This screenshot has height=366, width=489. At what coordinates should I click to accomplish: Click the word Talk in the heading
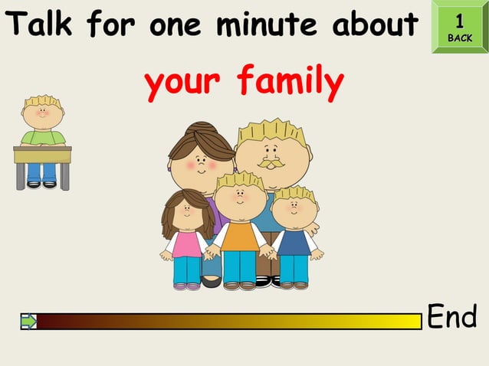(x=41, y=25)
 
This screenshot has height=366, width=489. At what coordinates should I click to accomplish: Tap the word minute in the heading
(x=265, y=25)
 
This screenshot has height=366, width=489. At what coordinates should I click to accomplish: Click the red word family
(x=289, y=82)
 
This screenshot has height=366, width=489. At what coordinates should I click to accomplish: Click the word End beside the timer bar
(x=451, y=315)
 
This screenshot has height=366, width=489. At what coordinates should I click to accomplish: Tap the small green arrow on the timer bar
(x=28, y=322)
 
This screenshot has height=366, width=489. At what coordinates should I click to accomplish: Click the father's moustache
(x=270, y=164)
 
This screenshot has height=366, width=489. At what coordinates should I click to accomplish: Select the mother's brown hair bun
(x=201, y=129)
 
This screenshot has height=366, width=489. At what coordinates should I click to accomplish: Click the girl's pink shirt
(x=186, y=244)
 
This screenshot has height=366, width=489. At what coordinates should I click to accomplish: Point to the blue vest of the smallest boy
(x=294, y=243)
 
